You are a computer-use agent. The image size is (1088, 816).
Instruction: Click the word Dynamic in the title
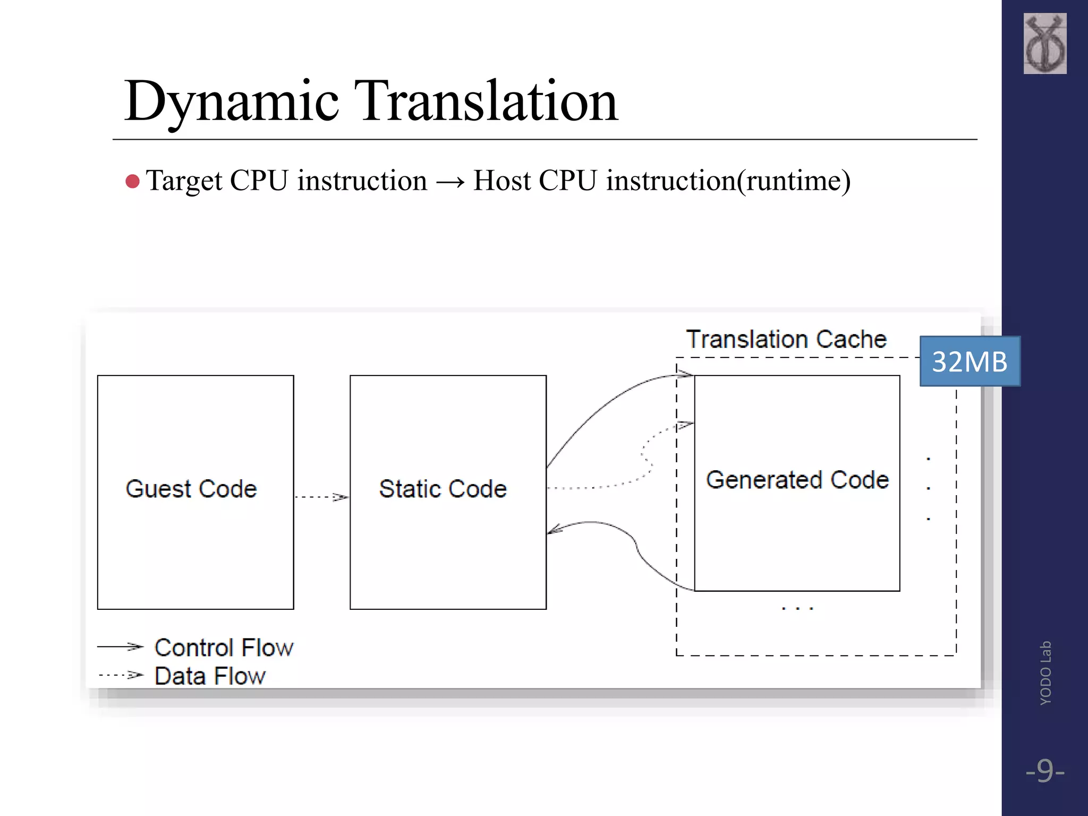[231, 101]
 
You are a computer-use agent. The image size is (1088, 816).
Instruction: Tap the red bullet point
[132, 182]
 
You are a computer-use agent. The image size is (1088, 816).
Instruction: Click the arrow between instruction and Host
[450, 182]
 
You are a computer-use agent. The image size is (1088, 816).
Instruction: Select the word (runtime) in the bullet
[794, 181]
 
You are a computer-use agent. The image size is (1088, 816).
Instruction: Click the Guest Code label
[191, 489]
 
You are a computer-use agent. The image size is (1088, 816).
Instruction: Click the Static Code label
[443, 489]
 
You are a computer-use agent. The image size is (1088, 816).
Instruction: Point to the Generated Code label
[797, 480]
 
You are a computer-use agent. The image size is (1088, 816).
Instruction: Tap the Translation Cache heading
[786, 339]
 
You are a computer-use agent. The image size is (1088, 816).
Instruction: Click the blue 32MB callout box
[970, 361]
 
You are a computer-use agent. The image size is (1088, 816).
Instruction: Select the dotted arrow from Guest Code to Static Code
[321, 497]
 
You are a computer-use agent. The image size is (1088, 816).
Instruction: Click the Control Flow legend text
[224, 648]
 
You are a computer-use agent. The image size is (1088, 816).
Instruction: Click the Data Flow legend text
[210, 676]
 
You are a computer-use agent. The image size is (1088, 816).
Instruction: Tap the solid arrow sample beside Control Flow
[121, 647]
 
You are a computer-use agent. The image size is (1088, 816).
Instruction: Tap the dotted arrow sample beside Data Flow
[121, 675]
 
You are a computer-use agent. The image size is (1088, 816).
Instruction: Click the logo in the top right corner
[1044, 44]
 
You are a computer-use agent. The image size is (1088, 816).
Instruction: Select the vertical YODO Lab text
[1045, 673]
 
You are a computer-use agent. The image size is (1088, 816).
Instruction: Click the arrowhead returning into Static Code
[554, 530]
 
